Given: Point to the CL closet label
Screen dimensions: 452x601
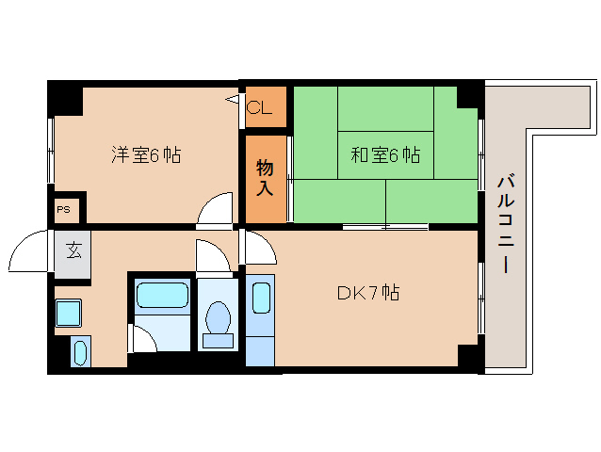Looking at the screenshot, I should [x=259, y=107].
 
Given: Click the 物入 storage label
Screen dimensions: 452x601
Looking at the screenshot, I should [x=265, y=178].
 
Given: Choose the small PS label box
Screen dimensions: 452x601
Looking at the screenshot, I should [x=63, y=209].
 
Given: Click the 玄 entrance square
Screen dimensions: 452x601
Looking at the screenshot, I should [x=73, y=252].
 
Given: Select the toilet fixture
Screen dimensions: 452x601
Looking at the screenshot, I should [x=219, y=320].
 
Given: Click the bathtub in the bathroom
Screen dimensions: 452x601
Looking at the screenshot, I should [x=162, y=296].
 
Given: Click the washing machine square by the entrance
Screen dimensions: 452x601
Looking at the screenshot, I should [x=68, y=312].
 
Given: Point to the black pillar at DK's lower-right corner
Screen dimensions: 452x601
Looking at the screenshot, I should [x=468, y=357].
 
